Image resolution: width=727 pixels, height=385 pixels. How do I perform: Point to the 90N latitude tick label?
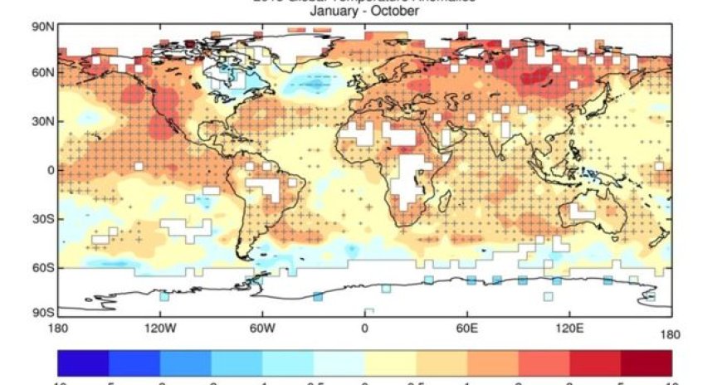43,27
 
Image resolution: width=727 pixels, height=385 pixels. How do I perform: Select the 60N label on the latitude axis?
43,73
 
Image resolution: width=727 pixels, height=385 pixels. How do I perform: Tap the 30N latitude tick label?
43,121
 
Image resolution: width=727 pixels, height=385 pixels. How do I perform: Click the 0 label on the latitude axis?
51,170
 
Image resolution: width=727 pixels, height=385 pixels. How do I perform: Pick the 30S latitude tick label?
43,219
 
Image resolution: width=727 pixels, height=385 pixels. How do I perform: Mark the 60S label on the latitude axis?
43,268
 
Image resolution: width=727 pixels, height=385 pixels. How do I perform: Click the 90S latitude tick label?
43,313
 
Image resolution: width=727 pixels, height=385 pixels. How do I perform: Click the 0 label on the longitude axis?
364,328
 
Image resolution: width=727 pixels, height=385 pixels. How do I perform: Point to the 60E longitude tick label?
467,328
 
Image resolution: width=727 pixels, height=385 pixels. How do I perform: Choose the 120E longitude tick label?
569,328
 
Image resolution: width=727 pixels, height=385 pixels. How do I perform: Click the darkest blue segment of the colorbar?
83,363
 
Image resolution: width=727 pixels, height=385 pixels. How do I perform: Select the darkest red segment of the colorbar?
646,363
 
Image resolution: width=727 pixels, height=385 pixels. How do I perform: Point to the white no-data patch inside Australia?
581,212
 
